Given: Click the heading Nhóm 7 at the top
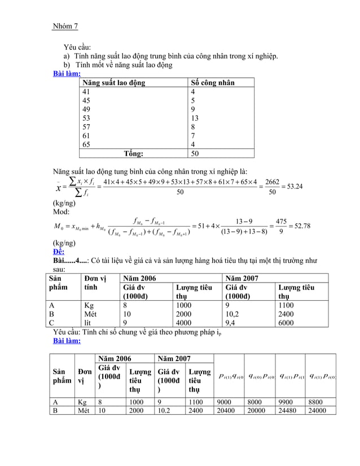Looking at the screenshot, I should pos(65,26).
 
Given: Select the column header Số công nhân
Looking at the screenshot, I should pos(213,83).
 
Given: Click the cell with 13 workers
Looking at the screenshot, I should pos(195,118).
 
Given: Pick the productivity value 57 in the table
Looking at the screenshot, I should pos(86,128).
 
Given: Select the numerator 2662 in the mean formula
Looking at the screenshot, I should pos(272,181).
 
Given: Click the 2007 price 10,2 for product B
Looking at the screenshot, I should pos(233,314).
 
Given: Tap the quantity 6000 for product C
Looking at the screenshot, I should pos(287,323).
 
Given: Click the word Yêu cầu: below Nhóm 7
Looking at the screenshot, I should pos(77,47).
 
